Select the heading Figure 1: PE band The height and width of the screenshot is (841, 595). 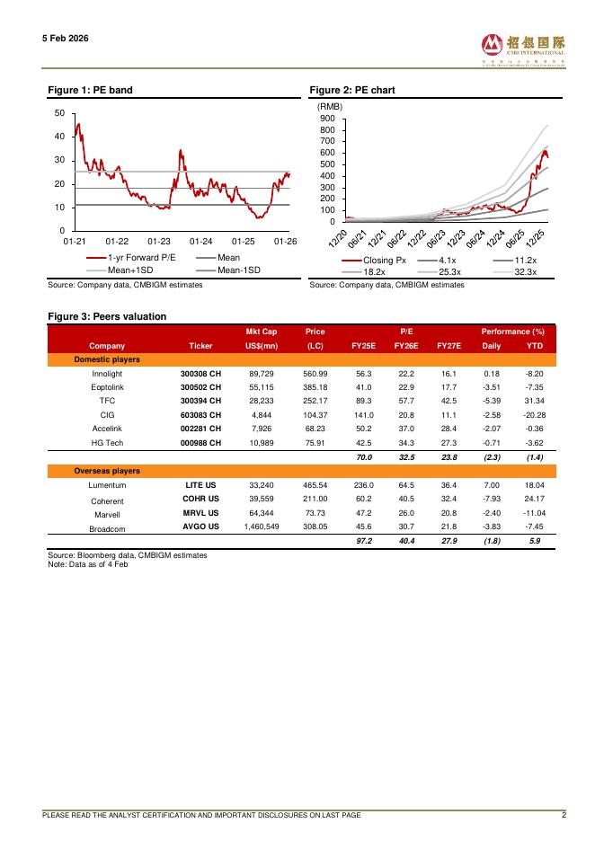pyautogui.click(x=91, y=91)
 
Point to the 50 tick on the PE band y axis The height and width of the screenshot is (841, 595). pyautogui.click(x=58, y=113)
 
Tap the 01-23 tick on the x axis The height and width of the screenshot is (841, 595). pyautogui.click(x=159, y=242)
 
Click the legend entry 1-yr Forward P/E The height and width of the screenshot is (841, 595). pyautogui.click(x=142, y=258)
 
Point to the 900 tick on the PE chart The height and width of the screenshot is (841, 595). pyautogui.click(x=327, y=119)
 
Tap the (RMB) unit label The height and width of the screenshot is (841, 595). pyautogui.click(x=330, y=107)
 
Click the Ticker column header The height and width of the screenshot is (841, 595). pyautogui.click(x=201, y=345)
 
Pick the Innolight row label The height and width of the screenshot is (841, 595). pyautogui.click(x=107, y=373)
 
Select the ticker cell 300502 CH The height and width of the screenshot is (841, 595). pyautogui.click(x=200, y=387)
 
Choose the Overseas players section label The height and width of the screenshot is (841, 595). pyautogui.click(x=107, y=471)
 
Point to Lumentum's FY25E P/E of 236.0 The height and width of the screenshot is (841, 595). pyautogui.click(x=365, y=484)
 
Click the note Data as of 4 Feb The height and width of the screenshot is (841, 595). pyautogui.click(x=88, y=563)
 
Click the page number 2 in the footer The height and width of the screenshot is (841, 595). pyautogui.click(x=564, y=815)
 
